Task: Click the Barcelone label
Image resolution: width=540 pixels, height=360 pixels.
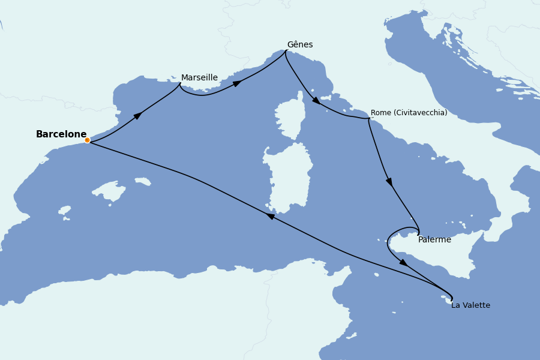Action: click(x=61, y=134)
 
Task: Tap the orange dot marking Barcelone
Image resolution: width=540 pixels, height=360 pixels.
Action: click(x=87, y=140)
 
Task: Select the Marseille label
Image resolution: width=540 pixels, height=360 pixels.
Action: click(x=199, y=78)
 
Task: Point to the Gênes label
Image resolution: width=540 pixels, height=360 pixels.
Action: click(x=299, y=45)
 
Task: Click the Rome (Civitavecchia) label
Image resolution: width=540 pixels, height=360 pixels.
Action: click(x=409, y=113)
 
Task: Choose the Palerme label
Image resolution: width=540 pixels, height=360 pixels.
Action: click(x=434, y=240)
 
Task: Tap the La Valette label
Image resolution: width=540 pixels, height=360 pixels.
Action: click(x=470, y=305)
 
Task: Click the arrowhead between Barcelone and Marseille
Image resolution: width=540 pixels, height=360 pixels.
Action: click(x=138, y=115)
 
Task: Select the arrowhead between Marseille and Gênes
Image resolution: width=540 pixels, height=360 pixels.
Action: click(x=237, y=83)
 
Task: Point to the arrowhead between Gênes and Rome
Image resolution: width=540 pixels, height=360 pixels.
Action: click(x=316, y=100)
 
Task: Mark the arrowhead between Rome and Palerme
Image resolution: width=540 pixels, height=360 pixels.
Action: click(x=389, y=181)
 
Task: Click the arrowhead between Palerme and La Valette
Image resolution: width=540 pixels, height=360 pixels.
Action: click(x=403, y=262)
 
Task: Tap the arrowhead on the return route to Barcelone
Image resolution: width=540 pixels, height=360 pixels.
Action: click(x=271, y=216)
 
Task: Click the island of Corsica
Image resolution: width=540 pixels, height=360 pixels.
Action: click(x=290, y=117)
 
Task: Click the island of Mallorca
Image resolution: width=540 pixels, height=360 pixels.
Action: click(x=110, y=191)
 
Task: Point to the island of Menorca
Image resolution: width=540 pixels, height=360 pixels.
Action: click(x=143, y=181)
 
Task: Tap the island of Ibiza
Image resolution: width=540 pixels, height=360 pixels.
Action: click(x=65, y=211)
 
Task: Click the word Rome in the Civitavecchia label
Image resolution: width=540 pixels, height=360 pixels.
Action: click(x=381, y=113)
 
